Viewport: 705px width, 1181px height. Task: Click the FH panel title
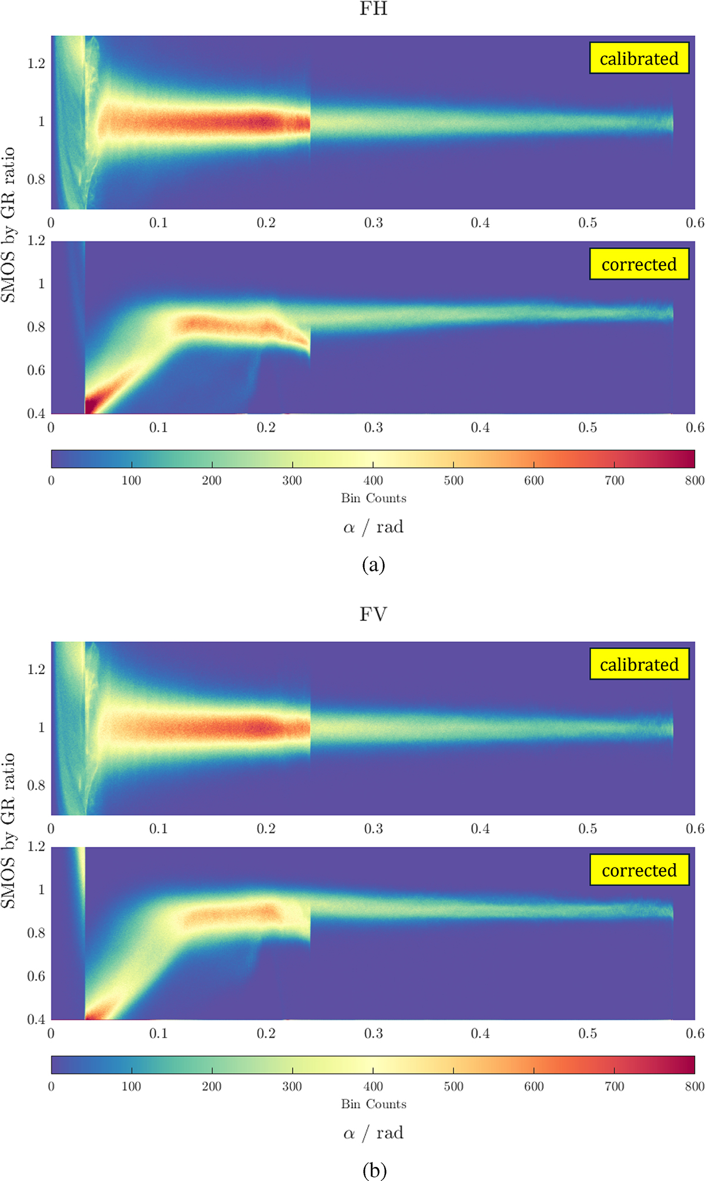tap(373, 9)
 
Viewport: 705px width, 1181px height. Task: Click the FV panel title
tap(373, 615)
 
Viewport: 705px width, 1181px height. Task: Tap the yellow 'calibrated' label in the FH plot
tap(639, 58)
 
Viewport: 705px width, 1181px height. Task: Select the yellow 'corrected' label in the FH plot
tap(639, 264)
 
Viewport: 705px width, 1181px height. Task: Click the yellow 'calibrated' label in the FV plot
tap(639, 664)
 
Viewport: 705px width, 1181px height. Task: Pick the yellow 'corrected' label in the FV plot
tap(639, 870)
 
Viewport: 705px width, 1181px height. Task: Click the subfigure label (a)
tap(374, 565)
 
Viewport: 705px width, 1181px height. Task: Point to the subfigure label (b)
tap(374, 1170)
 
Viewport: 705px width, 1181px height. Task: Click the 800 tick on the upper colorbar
tap(694, 480)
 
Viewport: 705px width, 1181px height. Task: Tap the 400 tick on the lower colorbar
tap(373, 1086)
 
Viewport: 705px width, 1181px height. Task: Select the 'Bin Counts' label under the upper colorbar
tap(374, 498)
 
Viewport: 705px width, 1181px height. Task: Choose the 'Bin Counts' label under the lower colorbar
tap(374, 1104)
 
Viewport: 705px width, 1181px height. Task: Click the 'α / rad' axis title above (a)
tap(374, 527)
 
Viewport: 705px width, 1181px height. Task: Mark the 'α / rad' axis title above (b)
tap(374, 1133)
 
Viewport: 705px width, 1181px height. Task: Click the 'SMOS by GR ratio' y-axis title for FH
tap(8, 225)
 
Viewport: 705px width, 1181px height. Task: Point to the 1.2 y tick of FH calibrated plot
tap(36, 63)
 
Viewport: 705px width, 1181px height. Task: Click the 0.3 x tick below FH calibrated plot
tap(373, 223)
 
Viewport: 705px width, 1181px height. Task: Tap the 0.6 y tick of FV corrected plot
tap(36, 976)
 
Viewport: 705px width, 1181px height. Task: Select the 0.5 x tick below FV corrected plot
tap(587, 1034)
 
